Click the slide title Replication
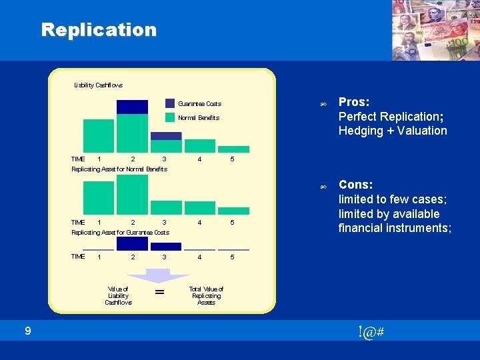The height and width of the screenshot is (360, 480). [99, 29]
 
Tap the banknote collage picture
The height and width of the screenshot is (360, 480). [435, 30]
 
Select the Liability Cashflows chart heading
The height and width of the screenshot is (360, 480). [98, 85]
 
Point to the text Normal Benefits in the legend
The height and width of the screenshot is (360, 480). [199, 118]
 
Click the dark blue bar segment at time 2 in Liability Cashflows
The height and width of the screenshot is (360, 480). [132, 107]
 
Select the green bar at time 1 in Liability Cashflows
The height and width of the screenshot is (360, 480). [99, 136]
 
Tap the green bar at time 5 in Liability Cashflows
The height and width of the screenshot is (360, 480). [233, 149]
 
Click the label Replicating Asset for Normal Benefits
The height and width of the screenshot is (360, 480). [119, 169]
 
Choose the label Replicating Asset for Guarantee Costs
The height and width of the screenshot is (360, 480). [120, 233]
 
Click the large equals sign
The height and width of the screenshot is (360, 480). [159, 293]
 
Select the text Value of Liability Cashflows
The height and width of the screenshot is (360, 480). [118, 295]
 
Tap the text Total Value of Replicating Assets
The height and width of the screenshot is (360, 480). [206, 295]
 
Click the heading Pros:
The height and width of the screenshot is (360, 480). [355, 102]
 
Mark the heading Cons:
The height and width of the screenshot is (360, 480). [355, 185]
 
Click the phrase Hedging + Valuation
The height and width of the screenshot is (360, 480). [393, 131]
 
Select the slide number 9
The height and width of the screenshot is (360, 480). [27, 330]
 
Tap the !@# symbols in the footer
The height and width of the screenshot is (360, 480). [370, 332]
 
